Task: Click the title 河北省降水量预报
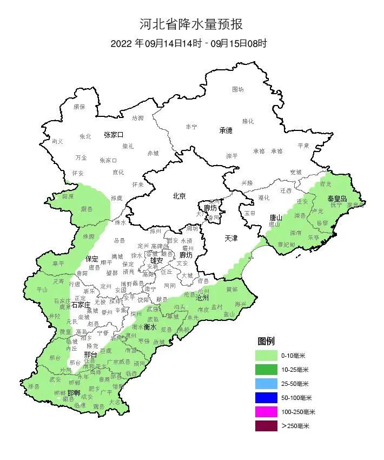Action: [191, 24]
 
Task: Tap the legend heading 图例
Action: [266, 341]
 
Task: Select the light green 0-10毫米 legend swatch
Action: [267, 356]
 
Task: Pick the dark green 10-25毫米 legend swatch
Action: [267, 370]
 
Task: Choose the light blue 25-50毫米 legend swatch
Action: [267, 384]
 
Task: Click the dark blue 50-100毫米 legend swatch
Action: [267, 398]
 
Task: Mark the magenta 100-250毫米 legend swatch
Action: [267, 412]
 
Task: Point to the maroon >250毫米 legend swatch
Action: [267, 426]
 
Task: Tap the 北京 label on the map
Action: [179, 196]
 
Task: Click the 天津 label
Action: [231, 238]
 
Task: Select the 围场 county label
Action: [238, 89]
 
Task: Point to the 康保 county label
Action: [80, 107]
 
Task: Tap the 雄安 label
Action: [157, 260]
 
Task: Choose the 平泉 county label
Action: [303, 146]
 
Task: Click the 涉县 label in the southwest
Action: [34, 386]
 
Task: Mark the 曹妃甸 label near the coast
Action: [287, 244]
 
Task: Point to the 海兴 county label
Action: [240, 304]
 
